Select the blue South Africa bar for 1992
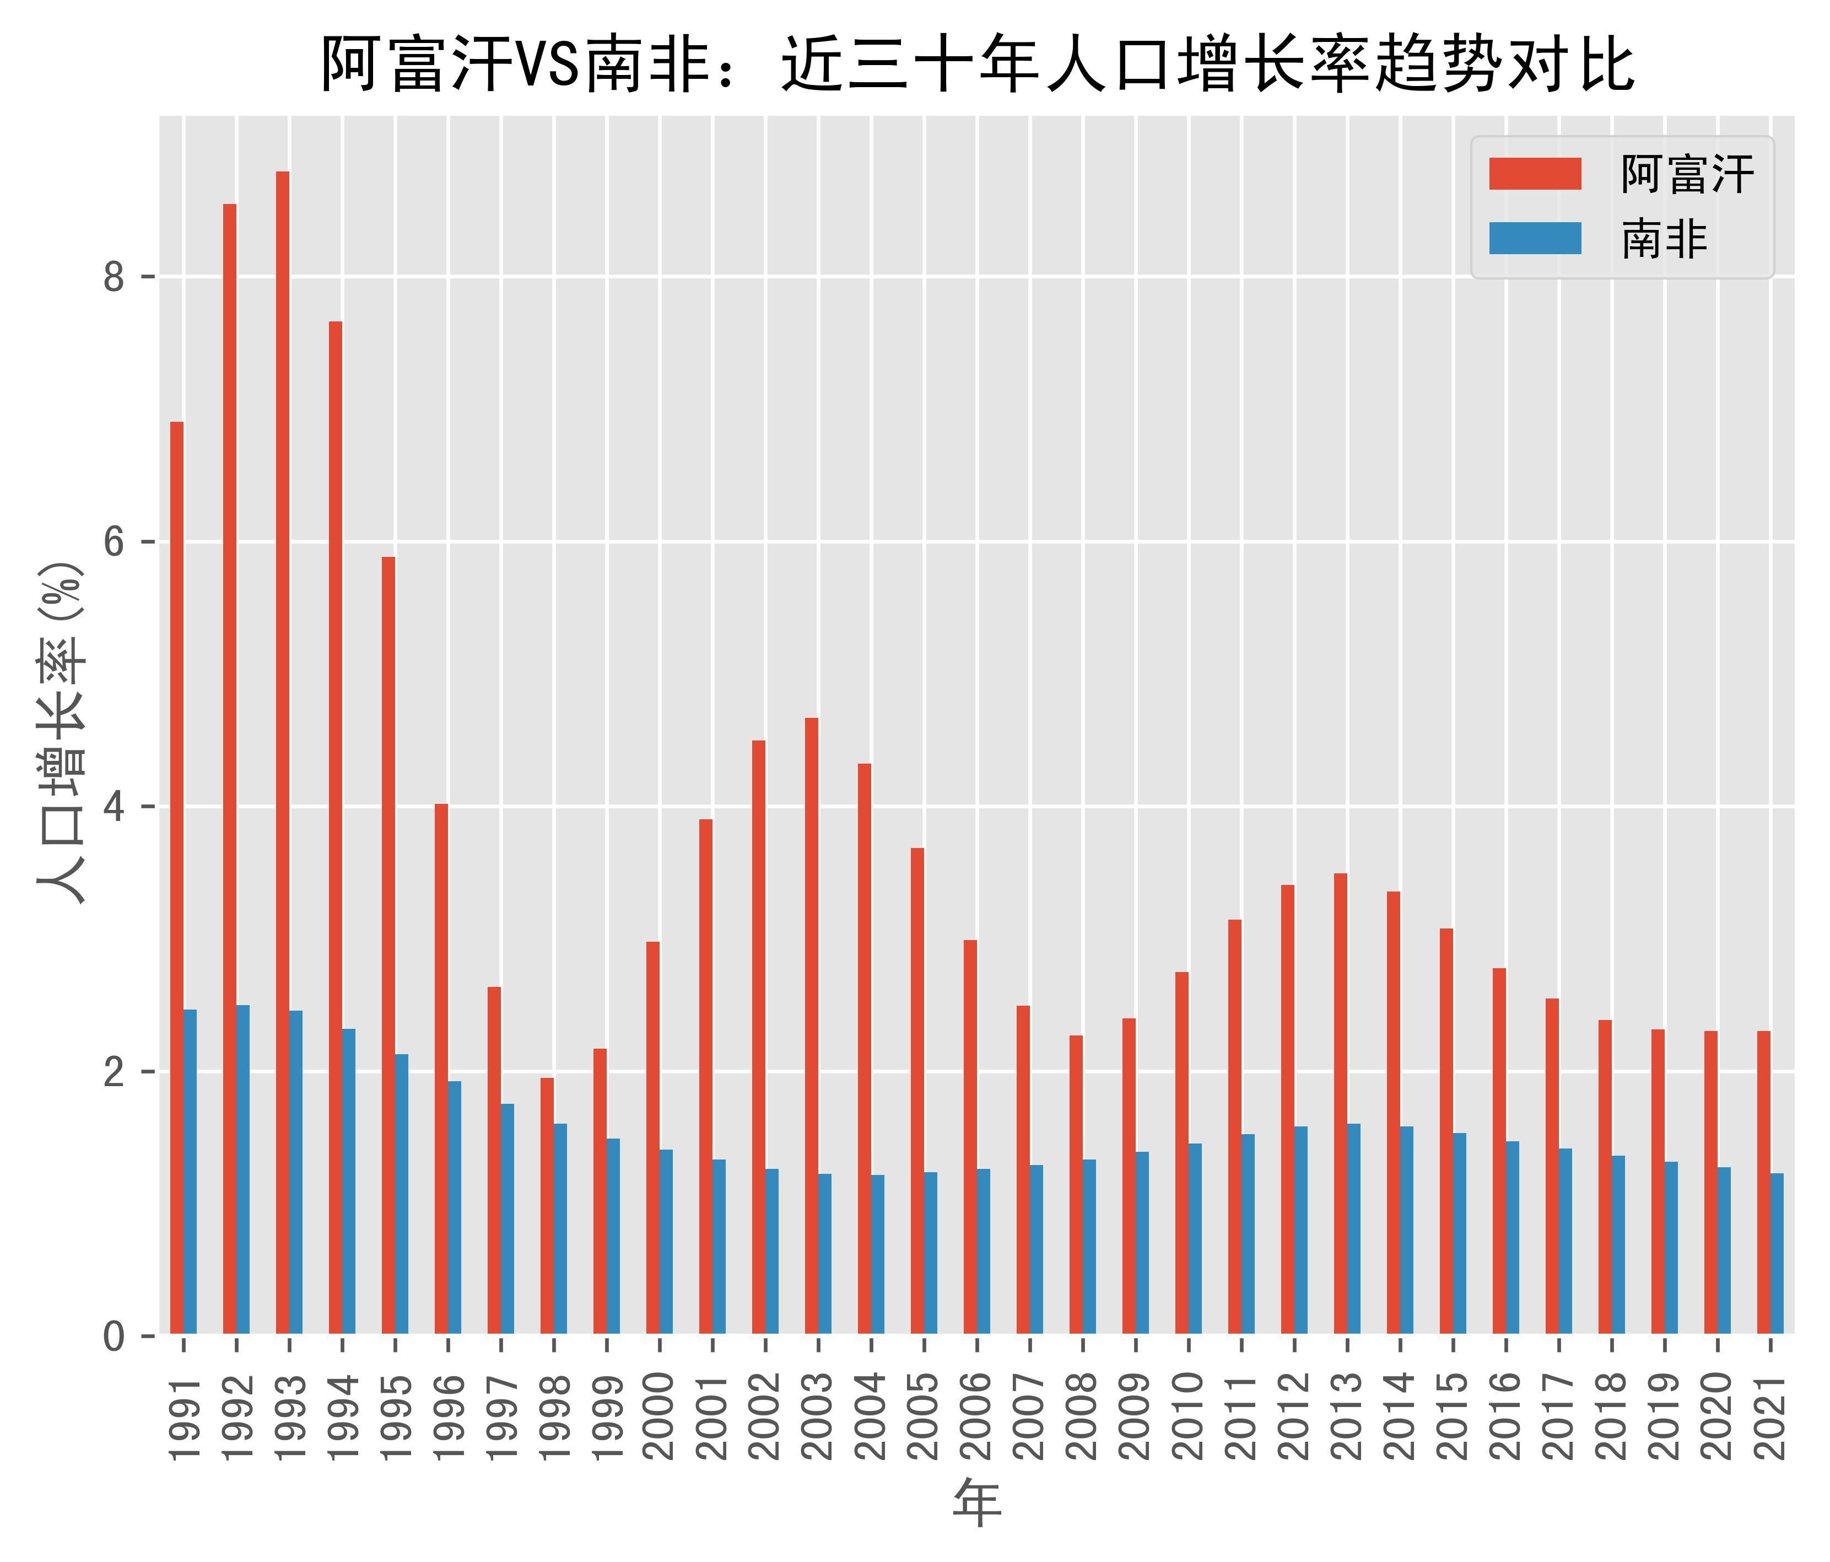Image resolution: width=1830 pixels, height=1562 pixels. click(x=243, y=1170)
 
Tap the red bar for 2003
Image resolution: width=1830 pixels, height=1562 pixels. click(x=812, y=1026)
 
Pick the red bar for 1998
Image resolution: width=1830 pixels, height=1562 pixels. click(x=547, y=1206)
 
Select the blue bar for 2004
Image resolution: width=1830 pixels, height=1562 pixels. click(x=878, y=1254)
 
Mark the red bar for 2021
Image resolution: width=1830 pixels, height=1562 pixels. click(x=1764, y=1183)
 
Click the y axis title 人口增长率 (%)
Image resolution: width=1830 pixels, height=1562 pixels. click(x=62, y=733)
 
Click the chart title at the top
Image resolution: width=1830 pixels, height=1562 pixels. click(x=977, y=63)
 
